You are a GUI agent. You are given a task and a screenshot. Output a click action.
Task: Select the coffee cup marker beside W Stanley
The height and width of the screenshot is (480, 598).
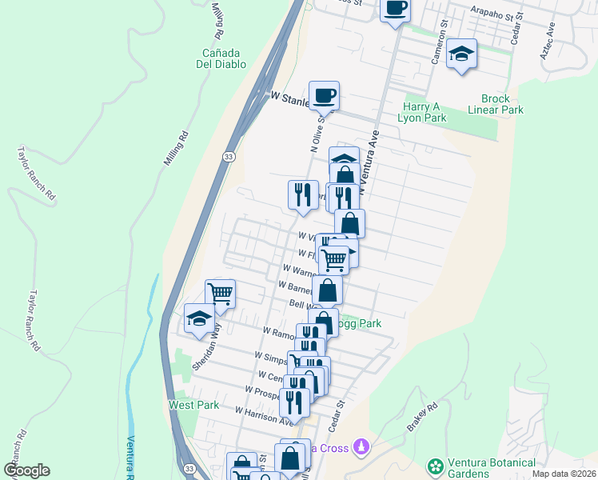pos(324,96)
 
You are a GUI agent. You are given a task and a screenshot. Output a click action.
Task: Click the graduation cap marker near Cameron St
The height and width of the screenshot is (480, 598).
pos(461,54)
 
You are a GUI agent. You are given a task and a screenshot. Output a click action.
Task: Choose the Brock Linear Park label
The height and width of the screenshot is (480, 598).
pos(496,104)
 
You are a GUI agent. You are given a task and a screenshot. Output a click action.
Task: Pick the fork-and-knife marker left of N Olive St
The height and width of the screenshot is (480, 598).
pos(302,195)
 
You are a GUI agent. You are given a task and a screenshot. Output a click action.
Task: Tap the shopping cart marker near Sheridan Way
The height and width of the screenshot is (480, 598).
pos(220,294)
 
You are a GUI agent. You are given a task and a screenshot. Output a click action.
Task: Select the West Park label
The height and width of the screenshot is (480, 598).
pos(193,405)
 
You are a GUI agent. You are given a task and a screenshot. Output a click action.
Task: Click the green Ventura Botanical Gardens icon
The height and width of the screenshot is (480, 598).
pos(436,466)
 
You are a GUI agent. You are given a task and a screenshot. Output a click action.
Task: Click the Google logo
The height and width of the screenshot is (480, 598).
pos(26,470)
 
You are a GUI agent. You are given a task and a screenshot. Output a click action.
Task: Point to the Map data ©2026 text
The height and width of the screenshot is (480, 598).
pos(563,474)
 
